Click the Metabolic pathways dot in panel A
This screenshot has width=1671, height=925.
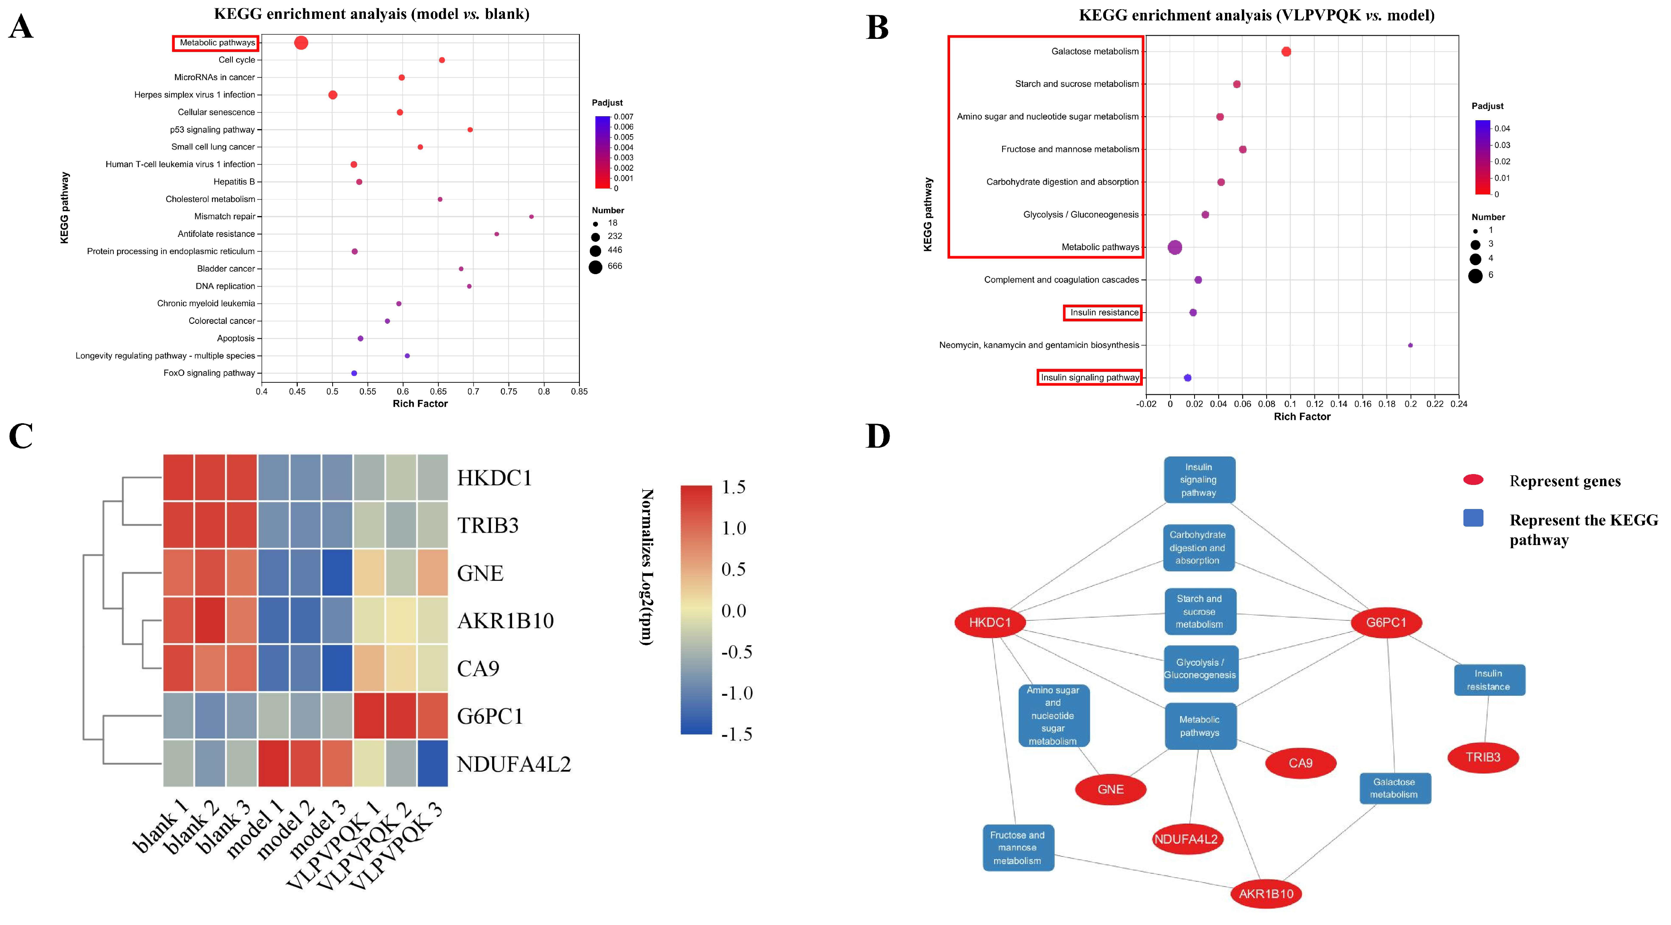[x=301, y=43]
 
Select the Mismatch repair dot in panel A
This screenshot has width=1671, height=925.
[x=531, y=217]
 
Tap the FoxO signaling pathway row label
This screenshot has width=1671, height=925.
[x=209, y=373]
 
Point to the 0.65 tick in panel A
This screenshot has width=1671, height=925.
[x=438, y=391]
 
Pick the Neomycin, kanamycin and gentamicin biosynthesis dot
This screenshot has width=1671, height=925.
[x=1410, y=345]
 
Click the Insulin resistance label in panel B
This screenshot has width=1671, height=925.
[x=1104, y=313]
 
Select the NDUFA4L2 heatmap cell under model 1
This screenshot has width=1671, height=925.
[x=274, y=763]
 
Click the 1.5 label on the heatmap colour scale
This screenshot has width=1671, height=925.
[x=734, y=487]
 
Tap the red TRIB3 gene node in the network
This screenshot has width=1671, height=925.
[x=1483, y=757]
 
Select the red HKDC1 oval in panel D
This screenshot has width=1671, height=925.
[x=990, y=623]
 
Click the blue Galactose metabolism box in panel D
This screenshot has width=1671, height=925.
[x=1394, y=788]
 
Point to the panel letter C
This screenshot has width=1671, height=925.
[x=21, y=436]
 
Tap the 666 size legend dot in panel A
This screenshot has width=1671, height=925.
[x=595, y=267]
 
